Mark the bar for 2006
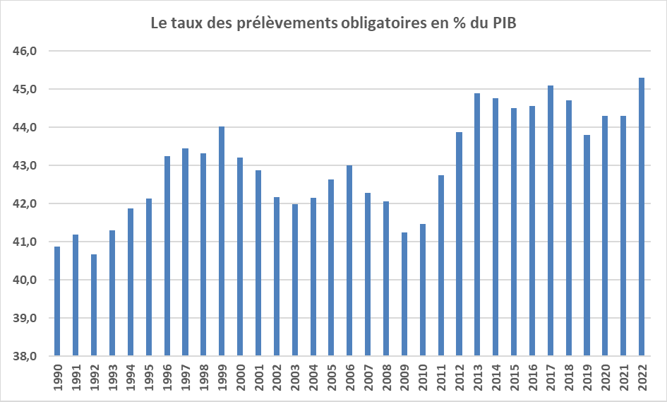[x=349, y=261]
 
